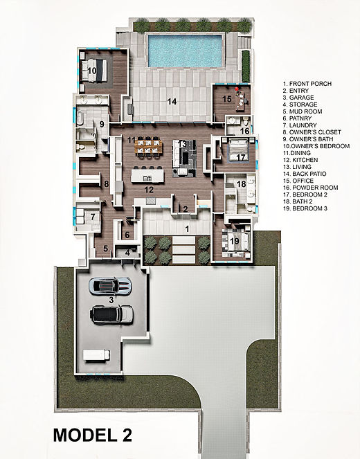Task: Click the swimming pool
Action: point(185,51)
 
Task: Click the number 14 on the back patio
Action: point(172,101)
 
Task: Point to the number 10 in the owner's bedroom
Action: point(91,70)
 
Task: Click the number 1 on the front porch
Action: point(185,227)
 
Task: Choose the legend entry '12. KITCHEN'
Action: point(303,160)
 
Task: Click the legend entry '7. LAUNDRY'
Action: point(301,125)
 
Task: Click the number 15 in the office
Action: point(226,99)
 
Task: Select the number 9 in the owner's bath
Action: point(101,125)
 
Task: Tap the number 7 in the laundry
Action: point(92,217)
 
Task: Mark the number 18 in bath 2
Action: point(241,184)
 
